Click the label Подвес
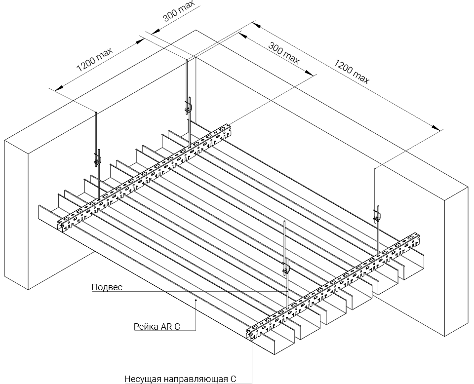[x=107, y=287]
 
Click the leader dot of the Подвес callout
[x=288, y=291]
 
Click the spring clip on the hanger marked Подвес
[x=285, y=269]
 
